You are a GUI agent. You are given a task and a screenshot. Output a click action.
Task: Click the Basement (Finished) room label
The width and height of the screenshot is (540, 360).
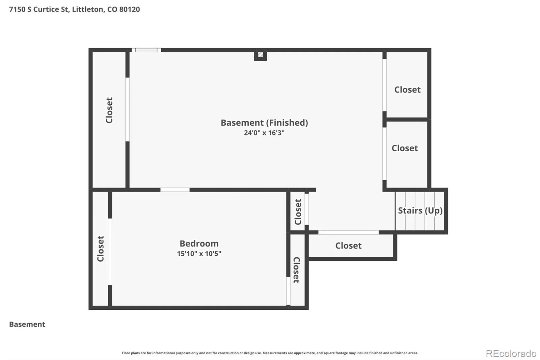[264, 123]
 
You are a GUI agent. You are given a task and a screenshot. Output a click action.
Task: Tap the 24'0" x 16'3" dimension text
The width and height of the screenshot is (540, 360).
[264, 133]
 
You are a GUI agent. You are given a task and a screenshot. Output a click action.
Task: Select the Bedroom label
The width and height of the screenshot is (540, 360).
[199, 244]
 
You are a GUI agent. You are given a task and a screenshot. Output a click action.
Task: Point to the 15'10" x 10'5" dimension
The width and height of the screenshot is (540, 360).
[199, 254]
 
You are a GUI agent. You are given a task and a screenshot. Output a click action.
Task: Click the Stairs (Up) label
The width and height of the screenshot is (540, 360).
[420, 211]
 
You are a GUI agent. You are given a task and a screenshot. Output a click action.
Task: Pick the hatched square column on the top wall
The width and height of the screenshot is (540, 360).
[260, 55]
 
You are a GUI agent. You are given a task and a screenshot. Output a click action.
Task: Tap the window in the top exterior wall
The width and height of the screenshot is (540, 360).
[146, 50]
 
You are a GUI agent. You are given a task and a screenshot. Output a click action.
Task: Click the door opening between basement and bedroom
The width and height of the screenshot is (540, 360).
[175, 190]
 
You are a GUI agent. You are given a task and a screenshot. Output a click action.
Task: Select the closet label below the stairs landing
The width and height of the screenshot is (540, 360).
[348, 246]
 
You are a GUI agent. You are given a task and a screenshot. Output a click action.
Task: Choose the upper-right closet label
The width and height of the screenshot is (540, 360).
[407, 90]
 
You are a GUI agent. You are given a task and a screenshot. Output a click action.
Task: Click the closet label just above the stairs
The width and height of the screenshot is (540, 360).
[405, 148]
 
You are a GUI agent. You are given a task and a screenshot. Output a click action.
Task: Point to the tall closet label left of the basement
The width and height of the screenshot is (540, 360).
[109, 110]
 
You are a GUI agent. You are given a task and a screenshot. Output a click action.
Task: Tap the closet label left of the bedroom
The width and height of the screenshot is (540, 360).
[101, 249]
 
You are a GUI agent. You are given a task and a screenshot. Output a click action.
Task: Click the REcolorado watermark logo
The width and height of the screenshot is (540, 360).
[511, 354]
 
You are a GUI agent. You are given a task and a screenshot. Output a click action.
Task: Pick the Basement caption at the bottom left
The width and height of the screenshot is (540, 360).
[27, 324]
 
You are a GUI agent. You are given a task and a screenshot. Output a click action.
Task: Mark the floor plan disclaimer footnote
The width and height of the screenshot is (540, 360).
[270, 353]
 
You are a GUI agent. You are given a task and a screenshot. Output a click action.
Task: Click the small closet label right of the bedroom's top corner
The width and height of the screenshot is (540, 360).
[298, 212]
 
